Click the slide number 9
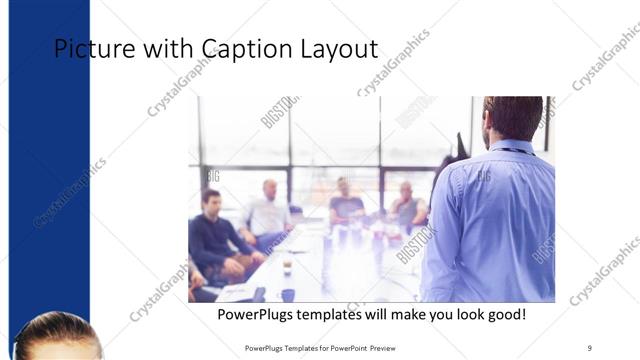pyautogui.click(x=589, y=348)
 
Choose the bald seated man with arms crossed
pyautogui.click(x=406, y=206)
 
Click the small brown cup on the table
pyautogui.click(x=286, y=266)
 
